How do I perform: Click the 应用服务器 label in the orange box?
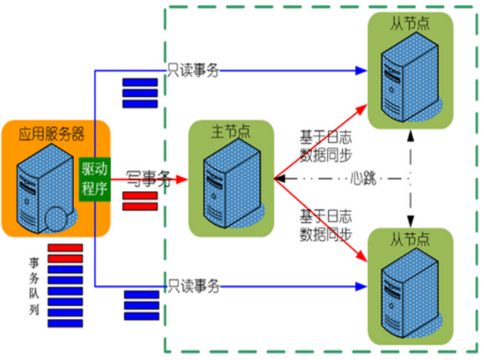52,134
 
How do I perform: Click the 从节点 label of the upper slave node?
409,23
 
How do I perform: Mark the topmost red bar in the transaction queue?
65,248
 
